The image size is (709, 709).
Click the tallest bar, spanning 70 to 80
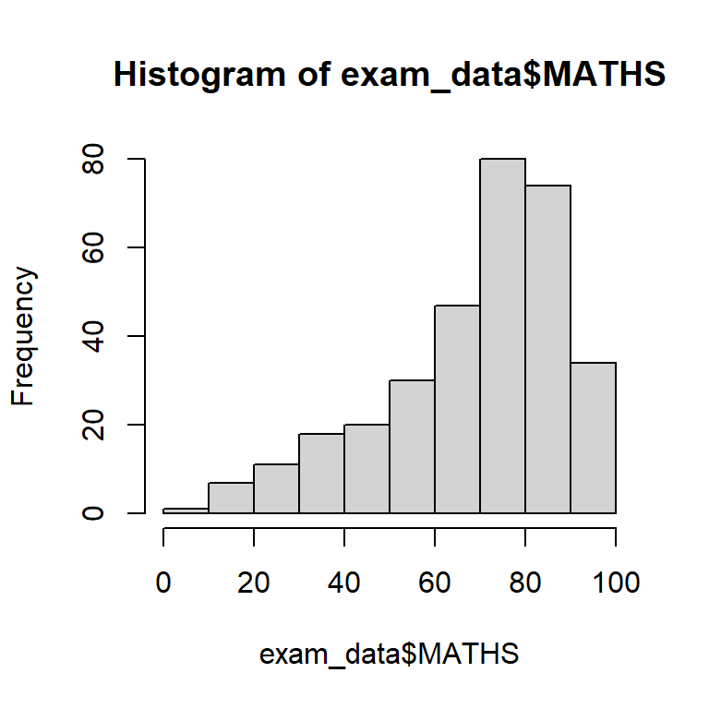(x=502, y=336)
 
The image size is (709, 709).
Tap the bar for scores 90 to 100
(x=593, y=438)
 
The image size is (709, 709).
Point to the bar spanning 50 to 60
(x=412, y=447)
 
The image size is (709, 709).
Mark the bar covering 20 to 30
(x=276, y=489)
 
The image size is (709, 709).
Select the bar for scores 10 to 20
(x=231, y=498)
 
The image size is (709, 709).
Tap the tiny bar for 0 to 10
(x=186, y=511)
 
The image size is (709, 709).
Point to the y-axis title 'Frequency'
(x=25, y=336)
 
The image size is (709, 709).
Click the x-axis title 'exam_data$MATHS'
(x=389, y=655)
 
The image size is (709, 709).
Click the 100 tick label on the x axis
(x=615, y=583)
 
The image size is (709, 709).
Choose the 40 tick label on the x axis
(x=343, y=583)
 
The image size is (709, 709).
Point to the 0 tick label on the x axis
(x=163, y=583)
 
